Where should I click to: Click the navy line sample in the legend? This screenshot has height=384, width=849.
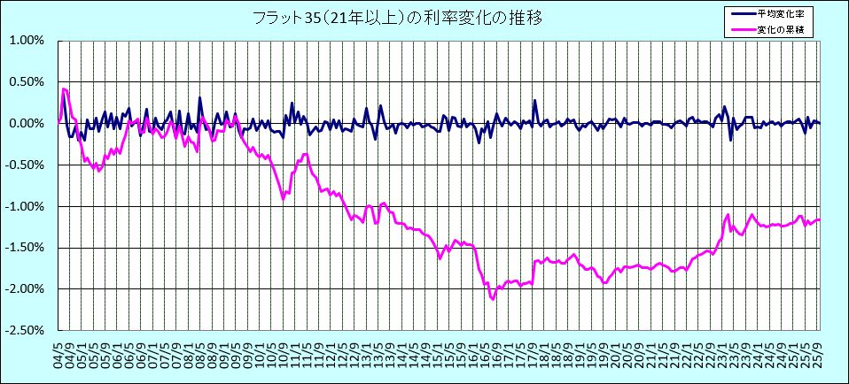pos(742,14)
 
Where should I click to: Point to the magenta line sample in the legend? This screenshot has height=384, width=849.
pos(742,30)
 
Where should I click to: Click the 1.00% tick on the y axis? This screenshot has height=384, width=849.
pos(27,41)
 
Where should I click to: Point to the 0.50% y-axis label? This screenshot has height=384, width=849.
pos(27,82)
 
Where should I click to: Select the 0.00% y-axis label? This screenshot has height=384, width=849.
pos(27,124)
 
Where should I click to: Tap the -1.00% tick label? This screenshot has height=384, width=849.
pos(26,206)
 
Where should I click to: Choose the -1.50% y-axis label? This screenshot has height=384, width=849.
pos(26,248)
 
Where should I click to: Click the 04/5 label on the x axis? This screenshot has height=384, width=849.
pos(58,349)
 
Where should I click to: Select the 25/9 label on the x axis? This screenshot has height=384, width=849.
pos(819,349)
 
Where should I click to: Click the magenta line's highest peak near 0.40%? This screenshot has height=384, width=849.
pos(64,88)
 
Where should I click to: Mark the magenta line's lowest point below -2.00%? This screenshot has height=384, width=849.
pos(493,299)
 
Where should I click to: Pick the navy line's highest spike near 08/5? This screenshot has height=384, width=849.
pos(200,97)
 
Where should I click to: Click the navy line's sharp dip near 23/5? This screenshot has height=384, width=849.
pos(730,140)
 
